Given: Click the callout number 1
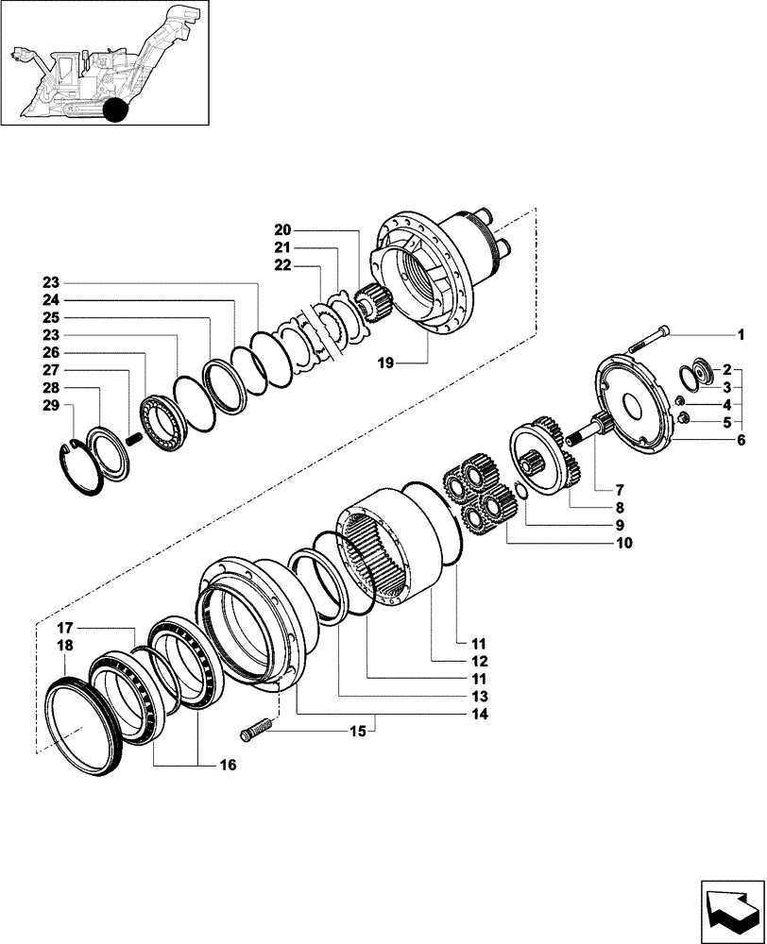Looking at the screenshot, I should click(741, 335).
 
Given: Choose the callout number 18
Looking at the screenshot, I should click(65, 646).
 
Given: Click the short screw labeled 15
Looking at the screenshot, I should click(256, 728).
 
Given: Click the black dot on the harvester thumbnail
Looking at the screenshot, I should click(114, 110).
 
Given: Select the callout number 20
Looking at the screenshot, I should click(283, 229).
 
